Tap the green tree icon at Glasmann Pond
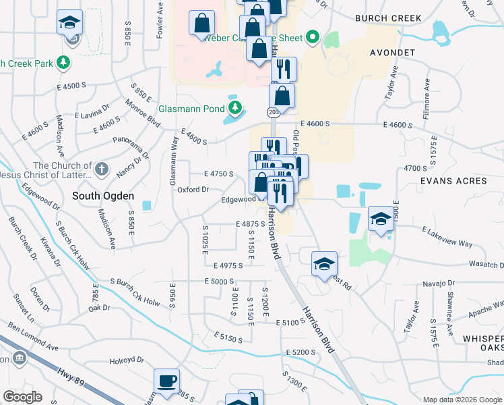coord(234,107)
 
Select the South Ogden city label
coord(103,196)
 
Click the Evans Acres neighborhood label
coord(453,181)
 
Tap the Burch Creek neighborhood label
coord(390,18)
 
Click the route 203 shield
coord(273,113)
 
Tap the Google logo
coord(22,397)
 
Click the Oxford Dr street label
coord(193,190)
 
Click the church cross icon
coord(101,168)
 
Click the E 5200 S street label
coord(301,352)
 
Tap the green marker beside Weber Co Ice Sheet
coord(312,37)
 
